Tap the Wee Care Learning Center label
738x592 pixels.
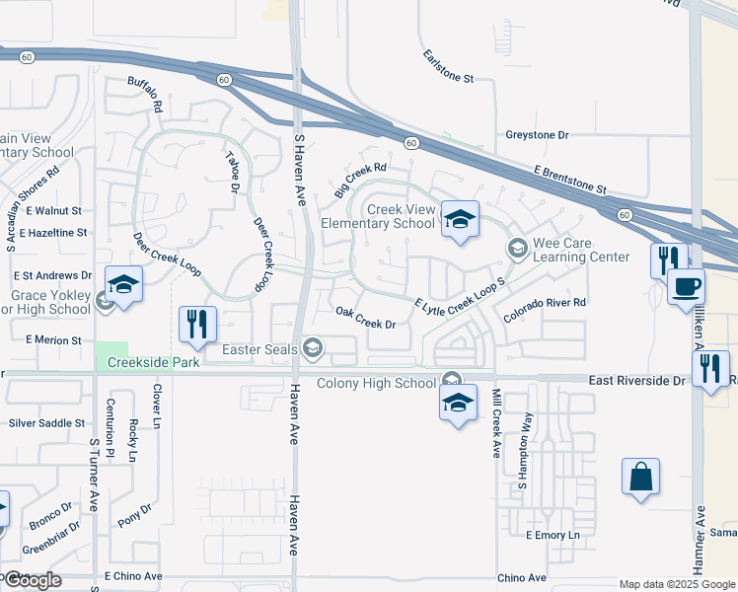pos(581,250)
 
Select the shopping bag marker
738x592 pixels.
pos(640,478)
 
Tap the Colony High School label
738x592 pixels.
pos(376,383)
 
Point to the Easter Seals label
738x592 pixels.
pos(259,348)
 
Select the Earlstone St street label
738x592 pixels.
pos(449,66)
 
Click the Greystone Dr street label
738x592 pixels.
pos(538,134)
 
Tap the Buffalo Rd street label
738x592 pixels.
pos(145,96)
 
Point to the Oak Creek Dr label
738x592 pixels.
pos(365,318)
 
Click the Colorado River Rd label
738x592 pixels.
pos(545,310)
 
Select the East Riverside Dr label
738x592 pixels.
pos(636,380)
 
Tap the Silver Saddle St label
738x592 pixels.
pos(46,422)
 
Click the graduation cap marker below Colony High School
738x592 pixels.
pos(458,404)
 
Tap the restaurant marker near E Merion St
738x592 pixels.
pos(196,325)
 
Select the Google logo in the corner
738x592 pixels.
pos(32,580)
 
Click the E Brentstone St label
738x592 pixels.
pos(568,179)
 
